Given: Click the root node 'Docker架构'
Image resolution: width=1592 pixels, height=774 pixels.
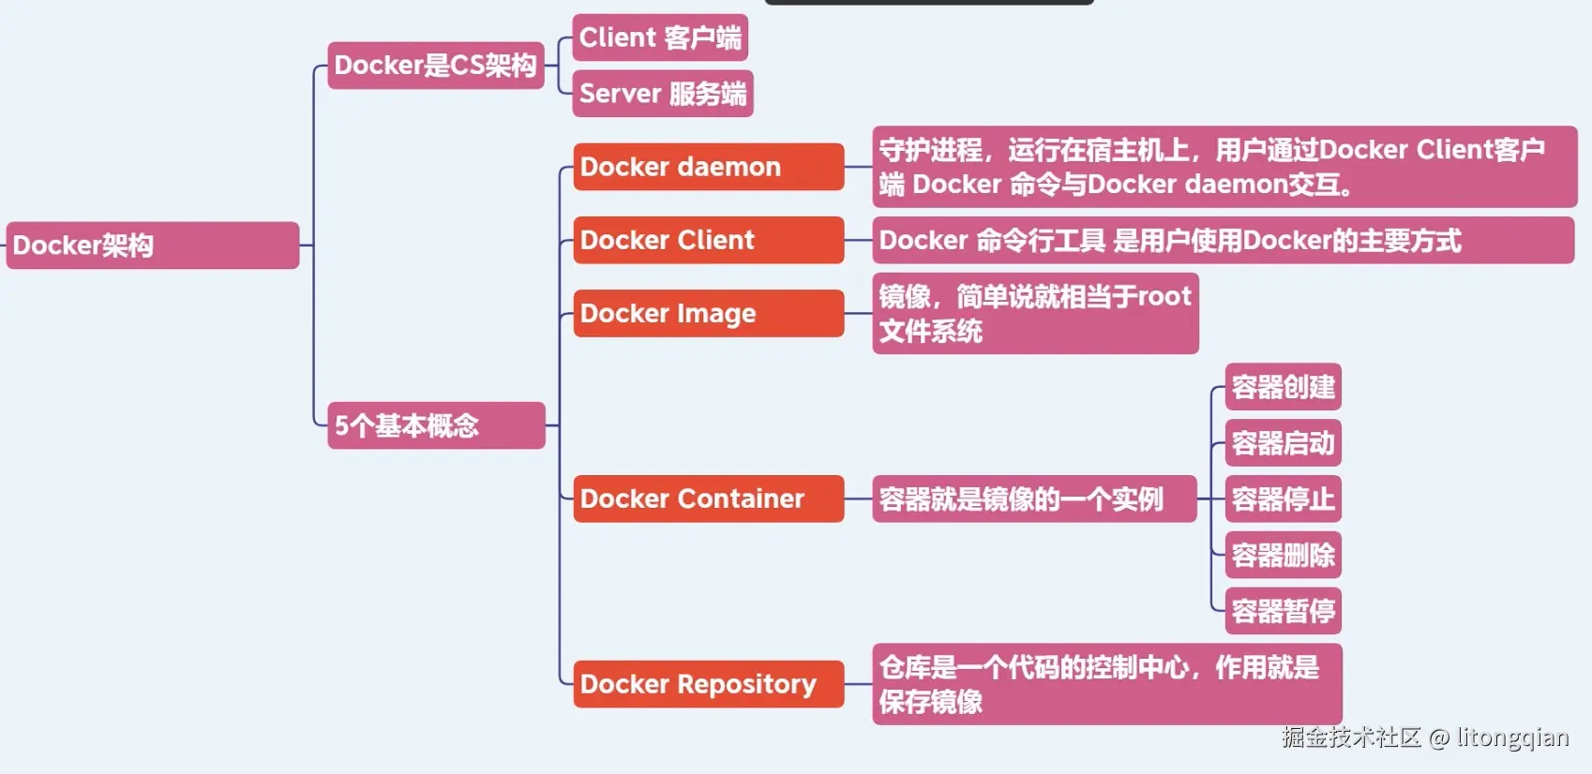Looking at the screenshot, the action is point(153,245).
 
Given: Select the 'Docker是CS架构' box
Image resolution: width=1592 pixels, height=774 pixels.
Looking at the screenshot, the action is point(436,66).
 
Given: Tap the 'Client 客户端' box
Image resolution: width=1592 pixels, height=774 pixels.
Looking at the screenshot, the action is point(660,37).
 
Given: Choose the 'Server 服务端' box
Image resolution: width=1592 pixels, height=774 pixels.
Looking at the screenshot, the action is point(663,93).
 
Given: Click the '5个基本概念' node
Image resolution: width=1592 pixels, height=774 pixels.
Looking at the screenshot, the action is point(436,425).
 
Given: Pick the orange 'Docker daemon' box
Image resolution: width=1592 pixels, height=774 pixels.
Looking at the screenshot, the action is point(709,167).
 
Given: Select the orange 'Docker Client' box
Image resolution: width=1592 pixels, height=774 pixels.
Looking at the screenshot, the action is point(709,240).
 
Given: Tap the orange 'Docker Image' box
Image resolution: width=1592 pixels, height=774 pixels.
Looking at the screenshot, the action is point(709,313).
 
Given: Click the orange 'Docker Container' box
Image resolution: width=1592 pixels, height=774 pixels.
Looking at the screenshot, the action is point(709,499).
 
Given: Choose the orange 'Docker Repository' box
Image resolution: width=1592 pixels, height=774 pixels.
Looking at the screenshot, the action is point(709,684).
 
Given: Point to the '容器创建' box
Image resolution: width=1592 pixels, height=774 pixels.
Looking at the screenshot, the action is point(1284,387).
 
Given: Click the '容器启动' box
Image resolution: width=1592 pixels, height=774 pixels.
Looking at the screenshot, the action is point(1284,443).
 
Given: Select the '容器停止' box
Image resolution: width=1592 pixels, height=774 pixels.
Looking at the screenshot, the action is point(1284,499).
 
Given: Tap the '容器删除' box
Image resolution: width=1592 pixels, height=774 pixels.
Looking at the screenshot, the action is point(1284,555).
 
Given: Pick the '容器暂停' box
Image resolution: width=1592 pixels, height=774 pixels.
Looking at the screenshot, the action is point(1284,611).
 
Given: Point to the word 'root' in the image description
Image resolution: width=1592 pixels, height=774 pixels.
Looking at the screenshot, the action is point(1164,296).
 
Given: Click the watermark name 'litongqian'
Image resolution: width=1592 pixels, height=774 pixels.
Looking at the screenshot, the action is point(1512,737).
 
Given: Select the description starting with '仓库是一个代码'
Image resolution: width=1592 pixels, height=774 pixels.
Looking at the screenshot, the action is point(1107,684).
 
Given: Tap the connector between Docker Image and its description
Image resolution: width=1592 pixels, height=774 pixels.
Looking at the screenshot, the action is point(859,313).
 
